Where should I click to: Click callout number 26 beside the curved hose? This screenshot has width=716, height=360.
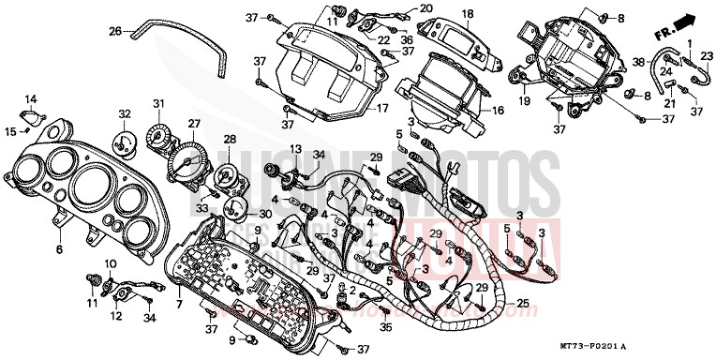115,31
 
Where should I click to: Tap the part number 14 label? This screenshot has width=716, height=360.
30,98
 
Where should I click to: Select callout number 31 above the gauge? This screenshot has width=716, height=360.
159,103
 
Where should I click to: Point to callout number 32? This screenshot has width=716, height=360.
124,113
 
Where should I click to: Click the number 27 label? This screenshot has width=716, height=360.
194,124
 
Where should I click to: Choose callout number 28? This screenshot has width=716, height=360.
230,140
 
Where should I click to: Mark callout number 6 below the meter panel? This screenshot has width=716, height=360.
58,250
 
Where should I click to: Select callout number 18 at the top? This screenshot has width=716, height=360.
468,14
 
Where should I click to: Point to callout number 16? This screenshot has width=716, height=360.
498,111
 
